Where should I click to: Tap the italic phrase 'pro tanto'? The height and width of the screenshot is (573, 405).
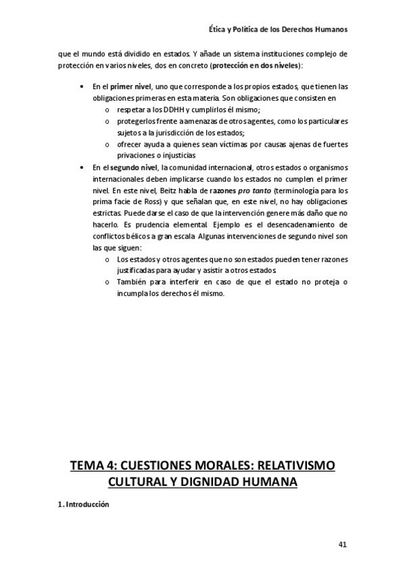tap(245, 191)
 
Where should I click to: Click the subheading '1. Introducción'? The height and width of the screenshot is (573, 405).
tap(83, 505)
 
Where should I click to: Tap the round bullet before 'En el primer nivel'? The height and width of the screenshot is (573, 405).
tap(82, 87)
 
